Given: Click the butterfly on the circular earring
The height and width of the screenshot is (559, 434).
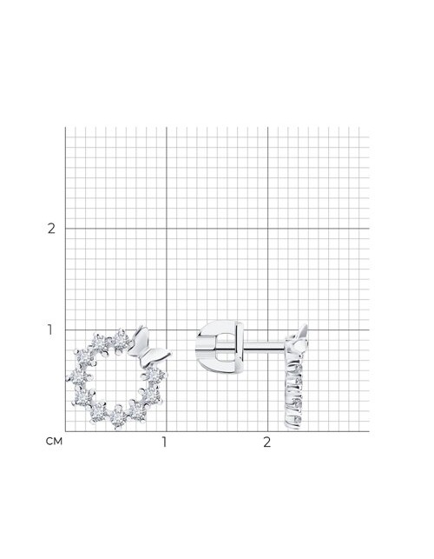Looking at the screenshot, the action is coord(148,348).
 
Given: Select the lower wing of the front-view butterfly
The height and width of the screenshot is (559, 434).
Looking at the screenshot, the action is coord(157,356).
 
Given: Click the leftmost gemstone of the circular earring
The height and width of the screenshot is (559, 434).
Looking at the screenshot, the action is coord(77,376).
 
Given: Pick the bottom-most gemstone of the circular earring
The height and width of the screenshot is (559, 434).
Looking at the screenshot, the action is coord(117,418).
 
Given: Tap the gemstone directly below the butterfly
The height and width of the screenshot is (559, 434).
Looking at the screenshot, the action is coord(155,376).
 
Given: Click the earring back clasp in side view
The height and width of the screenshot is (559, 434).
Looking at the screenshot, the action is coord(220,345).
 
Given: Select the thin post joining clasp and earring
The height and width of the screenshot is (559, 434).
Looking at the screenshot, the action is coord(264,345).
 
